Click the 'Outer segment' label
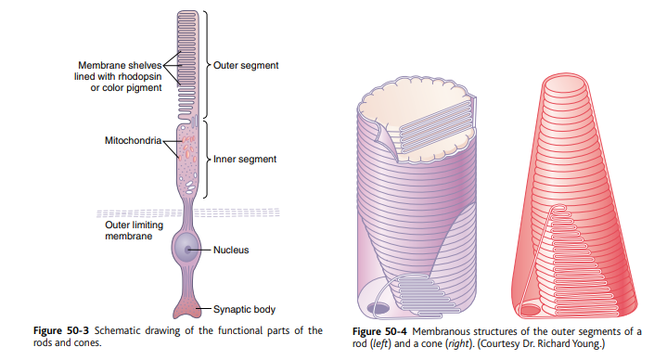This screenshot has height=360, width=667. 245,66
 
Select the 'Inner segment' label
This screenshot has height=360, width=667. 245,159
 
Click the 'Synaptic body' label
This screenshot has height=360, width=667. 246,309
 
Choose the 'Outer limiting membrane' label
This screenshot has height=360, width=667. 128,230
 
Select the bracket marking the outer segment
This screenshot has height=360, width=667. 206,65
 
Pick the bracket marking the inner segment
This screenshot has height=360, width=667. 206,159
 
